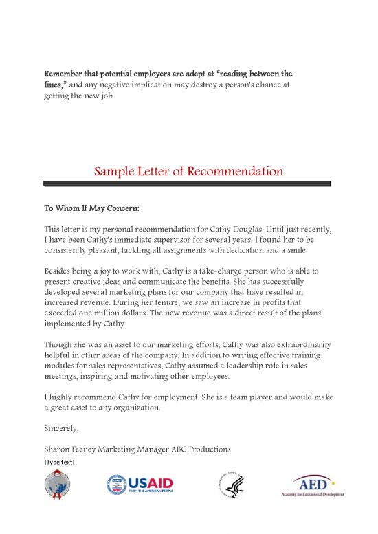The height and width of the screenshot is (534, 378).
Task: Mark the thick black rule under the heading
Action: pyautogui.click(x=188, y=183)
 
